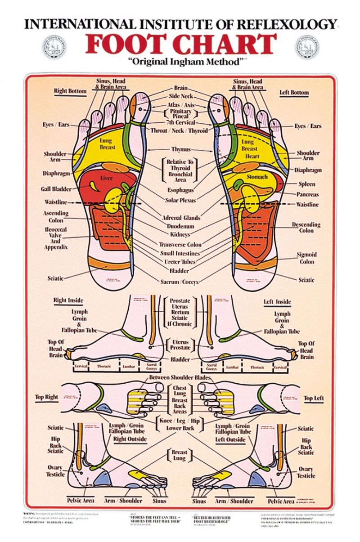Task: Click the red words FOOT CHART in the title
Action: pos(180,44)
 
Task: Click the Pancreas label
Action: pos(307,194)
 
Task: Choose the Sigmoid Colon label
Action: pos(306,258)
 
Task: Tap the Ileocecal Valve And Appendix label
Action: pos(56,238)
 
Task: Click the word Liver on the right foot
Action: pos(106,178)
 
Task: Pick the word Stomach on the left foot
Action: pos(257,177)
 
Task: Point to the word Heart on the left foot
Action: pos(252,156)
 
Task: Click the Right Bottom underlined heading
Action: pos(70,91)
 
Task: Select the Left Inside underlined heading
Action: pos(277,301)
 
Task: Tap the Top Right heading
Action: pos(47,397)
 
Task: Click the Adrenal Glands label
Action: pos(181,218)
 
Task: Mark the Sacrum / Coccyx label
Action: pos(180,282)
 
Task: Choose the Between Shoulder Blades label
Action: pos(180,377)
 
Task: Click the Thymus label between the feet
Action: pos(180,149)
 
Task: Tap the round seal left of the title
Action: pos(54,46)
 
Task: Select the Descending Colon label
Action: pos(306,227)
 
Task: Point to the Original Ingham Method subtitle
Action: pos(180,62)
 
